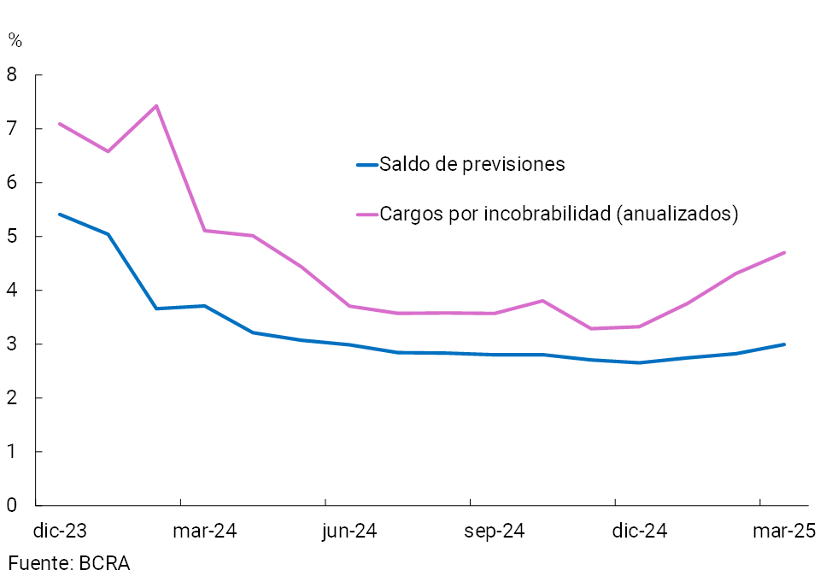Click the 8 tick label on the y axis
pos(11,75)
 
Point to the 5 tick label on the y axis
pos(11,237)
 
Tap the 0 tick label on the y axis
pos(11,506)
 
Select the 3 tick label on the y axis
pos(11,344)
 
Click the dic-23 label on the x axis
pos(60,532)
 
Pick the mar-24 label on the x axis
pos(204,532)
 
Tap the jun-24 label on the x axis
pos(349,532)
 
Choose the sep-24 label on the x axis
pos(495,532)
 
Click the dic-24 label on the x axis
pos(640,532)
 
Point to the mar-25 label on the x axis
pos(784,532)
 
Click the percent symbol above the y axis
pos(15,39)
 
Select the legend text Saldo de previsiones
pos(472,164)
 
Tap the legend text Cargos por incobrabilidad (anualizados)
pos(559,214)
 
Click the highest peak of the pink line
pos(156,106)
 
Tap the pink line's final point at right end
pos(784,252)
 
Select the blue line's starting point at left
pos(59,214)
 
